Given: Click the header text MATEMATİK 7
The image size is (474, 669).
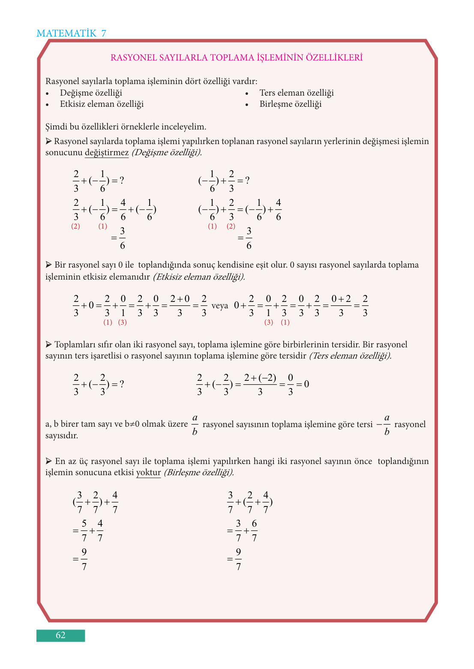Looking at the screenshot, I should (71, 33).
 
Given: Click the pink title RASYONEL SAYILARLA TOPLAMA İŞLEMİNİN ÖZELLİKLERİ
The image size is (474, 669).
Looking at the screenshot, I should (237, 57).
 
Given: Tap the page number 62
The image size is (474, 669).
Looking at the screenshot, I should (60, 635).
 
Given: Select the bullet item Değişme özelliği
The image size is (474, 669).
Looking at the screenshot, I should (91, 93).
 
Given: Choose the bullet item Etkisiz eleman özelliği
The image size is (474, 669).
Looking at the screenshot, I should (102, 104).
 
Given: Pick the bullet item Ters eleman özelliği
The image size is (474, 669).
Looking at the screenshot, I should (296, 93).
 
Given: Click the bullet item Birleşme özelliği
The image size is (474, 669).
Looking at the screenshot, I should (290, 104).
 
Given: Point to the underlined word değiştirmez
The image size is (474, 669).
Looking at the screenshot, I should (106, 153).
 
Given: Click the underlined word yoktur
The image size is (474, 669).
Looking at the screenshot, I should (148, 473).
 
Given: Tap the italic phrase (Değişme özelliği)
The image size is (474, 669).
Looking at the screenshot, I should (166, 153).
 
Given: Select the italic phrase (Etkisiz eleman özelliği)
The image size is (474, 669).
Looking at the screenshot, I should (199, 277).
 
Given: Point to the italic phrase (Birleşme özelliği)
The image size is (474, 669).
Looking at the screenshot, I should (199, 473).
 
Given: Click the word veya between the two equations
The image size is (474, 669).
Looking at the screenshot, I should (220, 306).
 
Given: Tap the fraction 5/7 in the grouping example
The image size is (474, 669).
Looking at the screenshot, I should (84, 530).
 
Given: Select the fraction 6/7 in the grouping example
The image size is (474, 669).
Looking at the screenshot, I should (254, 530).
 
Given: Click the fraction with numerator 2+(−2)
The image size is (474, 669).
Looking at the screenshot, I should (260, 385).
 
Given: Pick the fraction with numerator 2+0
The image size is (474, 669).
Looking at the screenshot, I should (180, 306).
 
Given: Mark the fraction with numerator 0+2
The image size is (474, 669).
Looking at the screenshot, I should (341, 306).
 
